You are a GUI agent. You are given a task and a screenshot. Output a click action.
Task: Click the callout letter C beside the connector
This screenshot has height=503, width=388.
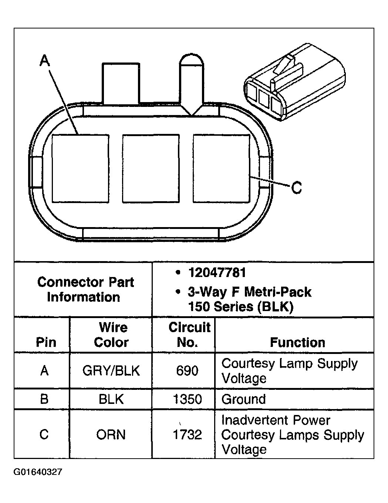coord(297,188)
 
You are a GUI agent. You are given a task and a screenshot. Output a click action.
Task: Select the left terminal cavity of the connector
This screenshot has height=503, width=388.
coord(80,169)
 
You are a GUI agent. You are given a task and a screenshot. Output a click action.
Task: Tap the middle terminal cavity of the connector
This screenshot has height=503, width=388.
coord(151,169)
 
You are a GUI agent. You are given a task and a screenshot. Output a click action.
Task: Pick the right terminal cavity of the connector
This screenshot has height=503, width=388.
coord(222,169)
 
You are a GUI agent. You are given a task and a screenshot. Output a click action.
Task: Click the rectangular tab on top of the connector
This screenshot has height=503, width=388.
coord(121,83)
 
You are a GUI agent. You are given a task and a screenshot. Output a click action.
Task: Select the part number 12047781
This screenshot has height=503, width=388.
coord(217,273)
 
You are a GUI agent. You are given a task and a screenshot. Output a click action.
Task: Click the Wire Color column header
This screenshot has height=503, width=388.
coord(112,335)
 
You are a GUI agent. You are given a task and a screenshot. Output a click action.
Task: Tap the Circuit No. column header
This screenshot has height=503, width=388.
coord(189,335)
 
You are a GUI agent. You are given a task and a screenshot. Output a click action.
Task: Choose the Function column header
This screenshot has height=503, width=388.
coord(297,342)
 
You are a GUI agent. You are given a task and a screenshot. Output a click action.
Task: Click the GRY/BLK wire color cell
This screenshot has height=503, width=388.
coord(111,371)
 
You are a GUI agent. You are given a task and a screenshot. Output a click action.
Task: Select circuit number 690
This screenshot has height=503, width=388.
coord(187,371)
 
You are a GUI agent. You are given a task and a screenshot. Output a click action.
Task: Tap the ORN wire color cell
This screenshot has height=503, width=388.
coord(111,435)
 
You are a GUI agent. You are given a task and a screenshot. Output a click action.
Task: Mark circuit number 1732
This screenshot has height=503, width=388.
coord(187,435)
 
